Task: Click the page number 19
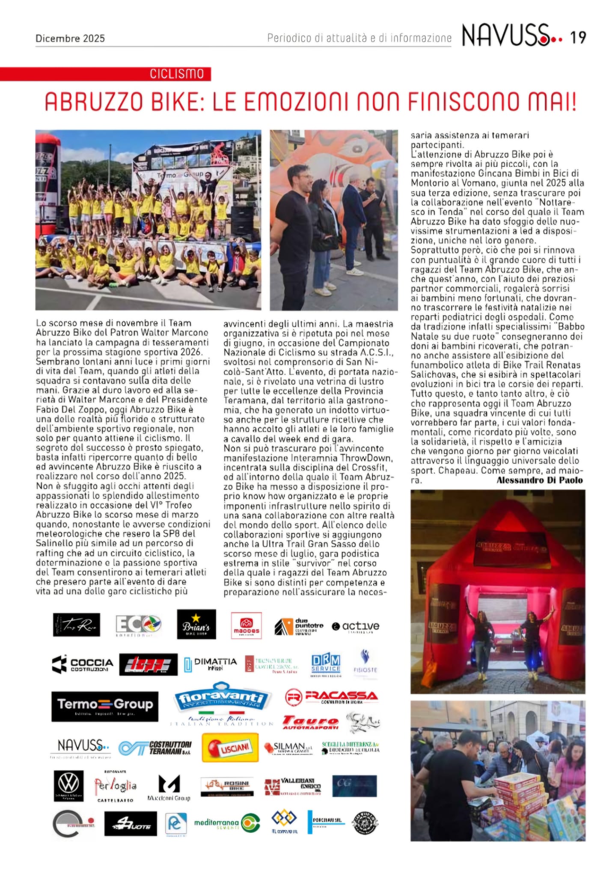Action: pyautogui.click(x=578, y=38)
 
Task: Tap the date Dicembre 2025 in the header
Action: pyautogui.click(x=70, y=38)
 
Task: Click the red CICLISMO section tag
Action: pyautogui.click(x=177, y=74)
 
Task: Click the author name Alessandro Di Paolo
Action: pyautogui.click(x=539, y=480)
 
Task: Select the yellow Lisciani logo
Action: pyautogui.click(x=230, y=748)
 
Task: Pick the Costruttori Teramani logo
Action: pyautogui.click(x=155, y=748)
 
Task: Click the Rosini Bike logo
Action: pyautogui.click(x=227, y=786)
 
